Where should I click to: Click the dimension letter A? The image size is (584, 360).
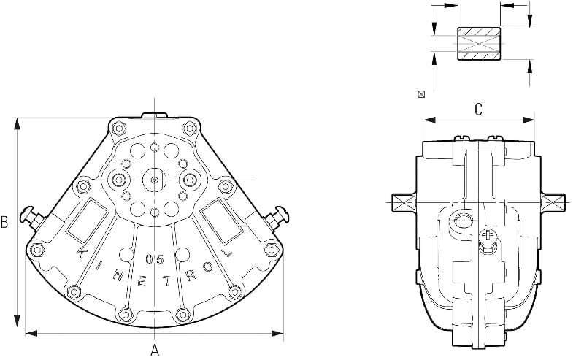coord(155,351)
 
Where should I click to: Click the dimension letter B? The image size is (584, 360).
coord(4,222)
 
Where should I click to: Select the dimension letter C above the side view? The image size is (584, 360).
coord(479,110)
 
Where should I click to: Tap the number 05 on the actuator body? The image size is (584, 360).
coord(155,259)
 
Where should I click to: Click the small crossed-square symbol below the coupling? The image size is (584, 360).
coord(421,94)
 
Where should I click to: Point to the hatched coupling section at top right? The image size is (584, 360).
coord(479,44)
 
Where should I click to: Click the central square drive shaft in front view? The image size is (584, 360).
coord(154,180)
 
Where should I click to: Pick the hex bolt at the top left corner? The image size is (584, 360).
coord(119,129)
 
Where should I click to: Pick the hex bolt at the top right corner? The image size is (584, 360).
coord(190,129)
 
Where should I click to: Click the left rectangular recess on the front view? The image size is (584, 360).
coord(87,221)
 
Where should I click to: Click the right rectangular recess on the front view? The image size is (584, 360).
coord(222,221)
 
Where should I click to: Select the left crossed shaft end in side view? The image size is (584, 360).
coord(404,203)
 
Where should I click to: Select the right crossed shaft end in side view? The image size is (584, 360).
coord(553,203)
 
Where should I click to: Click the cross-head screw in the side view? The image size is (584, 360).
coord(487,236)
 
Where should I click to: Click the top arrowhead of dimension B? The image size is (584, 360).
coord(17,123)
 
